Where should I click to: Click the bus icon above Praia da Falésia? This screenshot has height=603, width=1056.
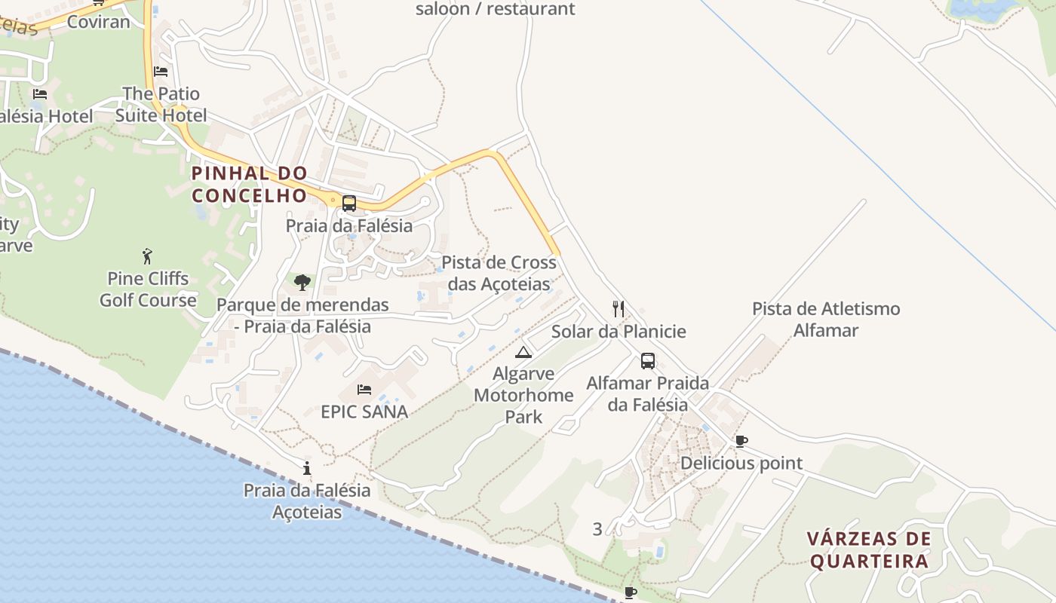348,203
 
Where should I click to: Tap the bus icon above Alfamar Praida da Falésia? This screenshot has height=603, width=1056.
647,360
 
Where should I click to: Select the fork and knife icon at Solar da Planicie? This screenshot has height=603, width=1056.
619,308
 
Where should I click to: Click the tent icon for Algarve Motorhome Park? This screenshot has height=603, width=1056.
523,352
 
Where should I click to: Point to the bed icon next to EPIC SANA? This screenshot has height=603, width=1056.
364,390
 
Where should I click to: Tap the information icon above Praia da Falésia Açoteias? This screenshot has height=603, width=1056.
306,468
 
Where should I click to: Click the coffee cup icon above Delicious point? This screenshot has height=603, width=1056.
741,441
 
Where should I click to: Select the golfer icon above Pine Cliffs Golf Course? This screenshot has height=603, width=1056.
147,256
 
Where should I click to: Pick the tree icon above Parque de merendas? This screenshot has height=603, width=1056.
302,283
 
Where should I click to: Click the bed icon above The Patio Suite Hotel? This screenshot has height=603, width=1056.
161,72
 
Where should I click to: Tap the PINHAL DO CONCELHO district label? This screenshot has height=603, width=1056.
250,184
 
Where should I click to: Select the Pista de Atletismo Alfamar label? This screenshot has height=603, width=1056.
826,319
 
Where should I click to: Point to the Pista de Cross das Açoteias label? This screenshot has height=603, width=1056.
499,273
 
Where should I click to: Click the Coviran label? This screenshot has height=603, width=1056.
98,22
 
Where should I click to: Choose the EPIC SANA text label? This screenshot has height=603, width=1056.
364,412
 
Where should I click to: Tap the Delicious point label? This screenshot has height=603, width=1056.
741,463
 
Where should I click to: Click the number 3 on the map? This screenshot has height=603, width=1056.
597,529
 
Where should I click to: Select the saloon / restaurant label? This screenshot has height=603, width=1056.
495,9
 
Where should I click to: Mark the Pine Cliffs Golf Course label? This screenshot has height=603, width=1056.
148,289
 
